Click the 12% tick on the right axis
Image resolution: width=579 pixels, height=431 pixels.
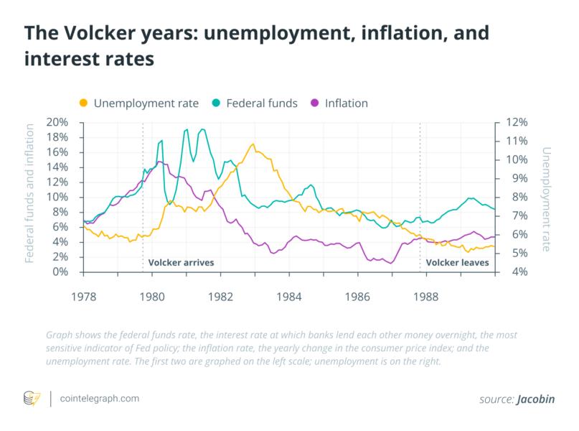tap(517, 122)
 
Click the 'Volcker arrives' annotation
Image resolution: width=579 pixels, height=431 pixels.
tap(181, 263)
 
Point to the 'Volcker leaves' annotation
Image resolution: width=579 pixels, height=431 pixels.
tap(457, 263)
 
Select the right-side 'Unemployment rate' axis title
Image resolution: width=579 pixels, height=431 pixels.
tap(547, 199)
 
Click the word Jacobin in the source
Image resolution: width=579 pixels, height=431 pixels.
tap(536, 399)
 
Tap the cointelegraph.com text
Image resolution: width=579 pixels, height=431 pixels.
tap(100, 398)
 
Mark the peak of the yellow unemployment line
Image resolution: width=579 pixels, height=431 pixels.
tap(253, 144)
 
